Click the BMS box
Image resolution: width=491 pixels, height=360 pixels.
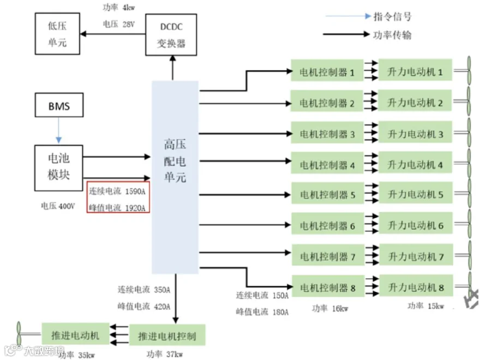click(59, 105)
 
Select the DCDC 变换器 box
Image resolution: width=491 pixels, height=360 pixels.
click(171, 35)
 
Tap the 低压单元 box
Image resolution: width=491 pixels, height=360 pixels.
click(57, 34)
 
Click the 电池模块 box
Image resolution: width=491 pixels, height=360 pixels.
click(58, 168)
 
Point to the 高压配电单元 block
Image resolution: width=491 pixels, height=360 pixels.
click(175, 177)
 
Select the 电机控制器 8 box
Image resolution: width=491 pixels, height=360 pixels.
click(328, 286)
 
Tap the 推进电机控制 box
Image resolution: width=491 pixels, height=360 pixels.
click(167, 335)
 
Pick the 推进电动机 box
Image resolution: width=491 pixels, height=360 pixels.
click(75, 334)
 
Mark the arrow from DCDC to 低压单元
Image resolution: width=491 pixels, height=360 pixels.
click(113, 34)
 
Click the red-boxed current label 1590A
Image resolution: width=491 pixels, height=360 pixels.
click(117, 191)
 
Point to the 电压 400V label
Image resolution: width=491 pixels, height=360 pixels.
click(58, 206)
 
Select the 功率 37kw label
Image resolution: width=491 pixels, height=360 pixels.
click(165, 354)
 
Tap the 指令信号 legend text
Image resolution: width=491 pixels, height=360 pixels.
click(393, 16)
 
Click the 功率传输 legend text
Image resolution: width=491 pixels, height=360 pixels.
click(392, 35)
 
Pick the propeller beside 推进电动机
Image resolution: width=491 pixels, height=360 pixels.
click(19, 333)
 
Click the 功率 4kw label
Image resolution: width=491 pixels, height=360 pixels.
click(119, 7)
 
